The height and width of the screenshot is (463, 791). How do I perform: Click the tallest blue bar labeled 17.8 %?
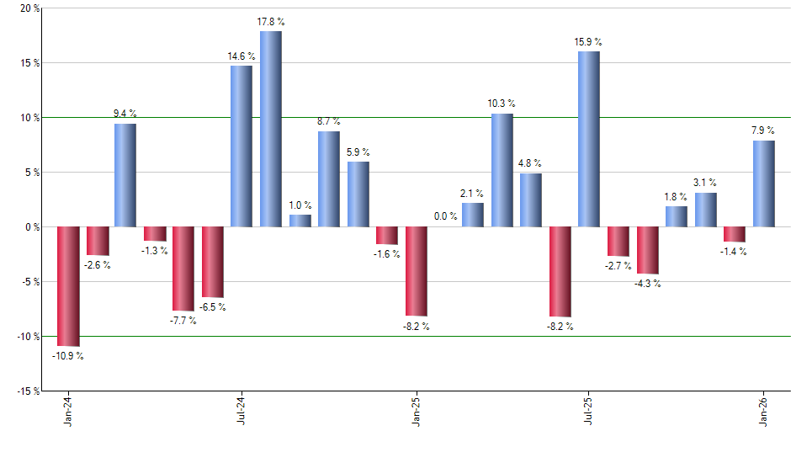coord(270,129)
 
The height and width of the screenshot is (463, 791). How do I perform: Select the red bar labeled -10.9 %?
coord(67,286)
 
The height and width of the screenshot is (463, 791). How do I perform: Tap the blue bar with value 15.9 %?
coord(589,139)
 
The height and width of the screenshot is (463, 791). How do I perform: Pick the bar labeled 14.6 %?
coord(242,146)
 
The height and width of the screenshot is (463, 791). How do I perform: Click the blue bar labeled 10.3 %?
coord(502,170)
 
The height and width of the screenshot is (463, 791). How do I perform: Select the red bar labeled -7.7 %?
coord(183,269)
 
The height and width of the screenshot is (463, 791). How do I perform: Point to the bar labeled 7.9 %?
coord(764,184)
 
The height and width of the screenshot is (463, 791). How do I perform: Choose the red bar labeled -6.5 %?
coord(212,262)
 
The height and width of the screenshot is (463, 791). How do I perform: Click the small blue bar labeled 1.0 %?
coord(300,221)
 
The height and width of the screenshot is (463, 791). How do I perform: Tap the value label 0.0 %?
coord(446,216)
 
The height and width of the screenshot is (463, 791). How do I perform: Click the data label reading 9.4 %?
coord(125,113)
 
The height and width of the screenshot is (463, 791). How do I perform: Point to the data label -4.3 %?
coord(647,284)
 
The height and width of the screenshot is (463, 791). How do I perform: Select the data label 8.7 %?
coord(329,121)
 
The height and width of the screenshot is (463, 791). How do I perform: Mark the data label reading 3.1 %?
coord(705,182)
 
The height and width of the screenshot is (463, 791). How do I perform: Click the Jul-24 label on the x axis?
coord(242,412)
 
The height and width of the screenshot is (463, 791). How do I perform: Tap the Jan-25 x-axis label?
coord(416,412)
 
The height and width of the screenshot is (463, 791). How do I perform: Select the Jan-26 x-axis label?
coord(764,412)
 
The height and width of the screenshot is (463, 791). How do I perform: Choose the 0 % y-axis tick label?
coord(31,226)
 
